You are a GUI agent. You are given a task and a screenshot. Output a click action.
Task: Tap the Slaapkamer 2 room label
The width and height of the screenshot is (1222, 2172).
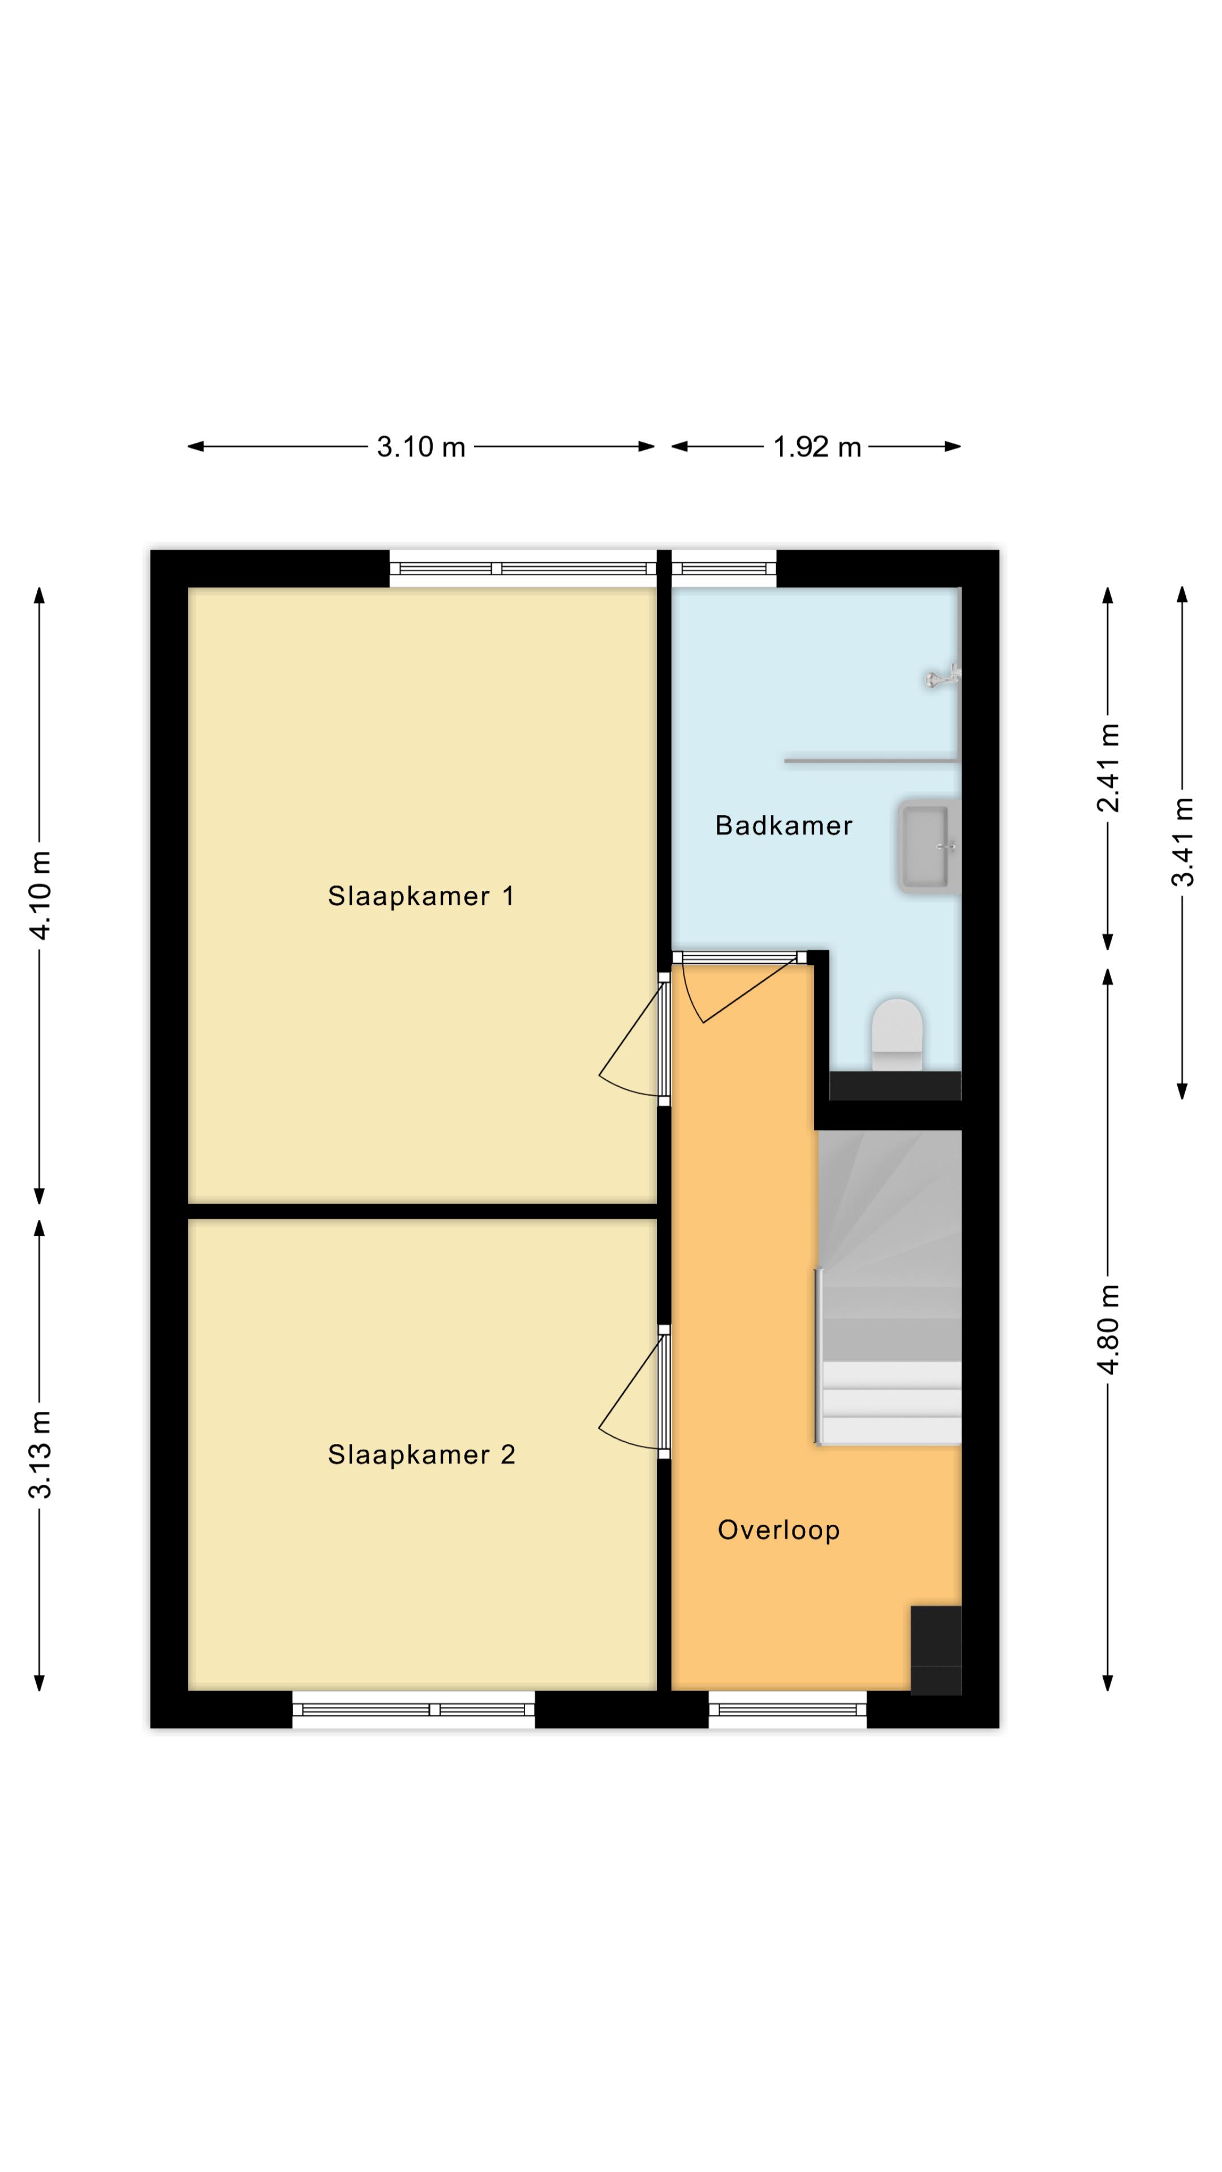pos(421,1454)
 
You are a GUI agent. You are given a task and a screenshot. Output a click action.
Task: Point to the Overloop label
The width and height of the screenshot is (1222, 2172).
pos(778,1531)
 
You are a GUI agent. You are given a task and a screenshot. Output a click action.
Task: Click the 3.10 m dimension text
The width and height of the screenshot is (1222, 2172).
pos(421,446)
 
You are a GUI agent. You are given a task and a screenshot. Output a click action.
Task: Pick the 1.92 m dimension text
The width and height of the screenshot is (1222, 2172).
pos(817,446)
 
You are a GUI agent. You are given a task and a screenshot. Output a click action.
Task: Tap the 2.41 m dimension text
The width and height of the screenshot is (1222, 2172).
pos(1108,768)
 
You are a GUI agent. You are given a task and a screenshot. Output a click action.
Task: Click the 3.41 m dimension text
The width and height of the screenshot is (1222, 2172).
pos(1182,842)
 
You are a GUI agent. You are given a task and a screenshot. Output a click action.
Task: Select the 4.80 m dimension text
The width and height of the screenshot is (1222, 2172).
pos(1108,1329)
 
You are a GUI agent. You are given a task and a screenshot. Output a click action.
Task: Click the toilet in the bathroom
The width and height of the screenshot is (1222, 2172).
pos(897,1035)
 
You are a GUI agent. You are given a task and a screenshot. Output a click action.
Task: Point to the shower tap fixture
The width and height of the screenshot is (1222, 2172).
pos(943,676)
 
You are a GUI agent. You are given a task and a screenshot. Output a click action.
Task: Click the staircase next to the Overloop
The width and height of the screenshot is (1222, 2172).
pos(889,1287)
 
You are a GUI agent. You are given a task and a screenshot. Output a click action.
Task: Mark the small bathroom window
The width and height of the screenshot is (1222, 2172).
pos(724,568)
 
